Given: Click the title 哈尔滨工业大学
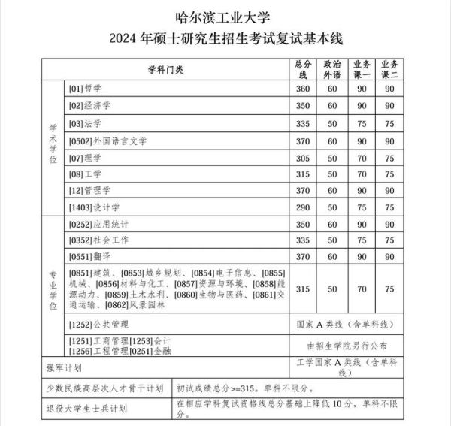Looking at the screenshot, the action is coord(225,15).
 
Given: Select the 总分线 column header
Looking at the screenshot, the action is coord(303,69).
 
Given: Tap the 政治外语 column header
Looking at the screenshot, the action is coord(332,69).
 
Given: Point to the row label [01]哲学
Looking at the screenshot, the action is coord(85,89).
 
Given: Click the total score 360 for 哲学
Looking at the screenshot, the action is coord(303,89).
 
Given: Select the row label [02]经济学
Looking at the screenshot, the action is coord(89,106).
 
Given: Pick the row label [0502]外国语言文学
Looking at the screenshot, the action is coord(107,140).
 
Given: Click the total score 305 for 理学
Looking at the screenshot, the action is coord(303,158).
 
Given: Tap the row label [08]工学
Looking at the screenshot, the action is coord(85,174).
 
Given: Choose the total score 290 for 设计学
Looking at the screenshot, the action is coord(303,207).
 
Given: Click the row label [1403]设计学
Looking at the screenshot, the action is coord(93,207).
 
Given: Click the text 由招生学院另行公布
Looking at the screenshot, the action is coord(347,346).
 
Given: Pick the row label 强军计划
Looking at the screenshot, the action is coord(63,368).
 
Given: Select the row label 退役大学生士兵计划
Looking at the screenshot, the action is coord(83,409).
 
